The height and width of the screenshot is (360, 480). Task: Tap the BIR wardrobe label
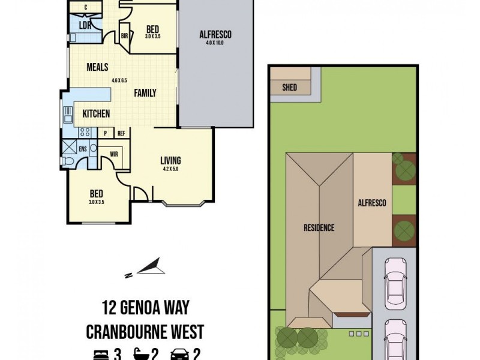[x=125, y=36]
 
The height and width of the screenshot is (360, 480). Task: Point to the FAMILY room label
[x=145, y=93]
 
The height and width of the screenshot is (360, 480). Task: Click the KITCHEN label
[x=95, y=113]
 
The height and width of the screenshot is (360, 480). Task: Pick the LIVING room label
[x=170, y=160]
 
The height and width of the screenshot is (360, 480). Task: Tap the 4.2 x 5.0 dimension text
[x=170, y=169]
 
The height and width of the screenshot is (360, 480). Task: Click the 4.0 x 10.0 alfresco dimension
[x=215, y=43]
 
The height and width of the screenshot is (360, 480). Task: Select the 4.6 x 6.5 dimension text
[x=119, y=80]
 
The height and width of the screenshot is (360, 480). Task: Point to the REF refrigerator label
[x=121, y=133]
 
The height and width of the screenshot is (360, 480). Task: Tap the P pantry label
[x=106, y=133]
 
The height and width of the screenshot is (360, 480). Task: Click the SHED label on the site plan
[x=289, y=88]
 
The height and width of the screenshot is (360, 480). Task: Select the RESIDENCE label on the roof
[x=319, y=227]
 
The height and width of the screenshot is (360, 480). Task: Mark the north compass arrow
[x=150, y=266]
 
